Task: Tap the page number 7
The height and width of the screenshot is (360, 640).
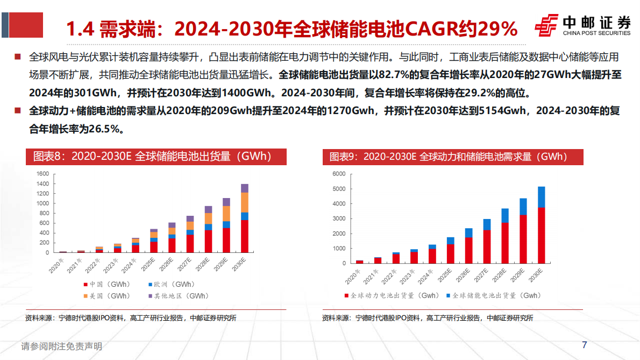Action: tap(585, 345)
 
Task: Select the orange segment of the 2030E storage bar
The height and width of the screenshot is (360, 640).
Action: tap(244, 202)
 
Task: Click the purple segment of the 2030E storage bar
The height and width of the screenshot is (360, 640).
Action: tap(244, 188)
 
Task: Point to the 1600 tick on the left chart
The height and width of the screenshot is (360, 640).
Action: tap(43, 174)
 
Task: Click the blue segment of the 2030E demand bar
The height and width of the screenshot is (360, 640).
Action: tap(541, 197)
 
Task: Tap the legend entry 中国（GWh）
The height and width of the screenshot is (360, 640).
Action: tap(105, 284)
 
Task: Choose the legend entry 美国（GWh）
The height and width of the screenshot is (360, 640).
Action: tap(105, 295)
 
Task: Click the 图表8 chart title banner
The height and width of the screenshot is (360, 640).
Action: tap(156, 157)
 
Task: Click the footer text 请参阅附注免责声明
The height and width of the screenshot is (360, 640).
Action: tap(61, 347)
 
